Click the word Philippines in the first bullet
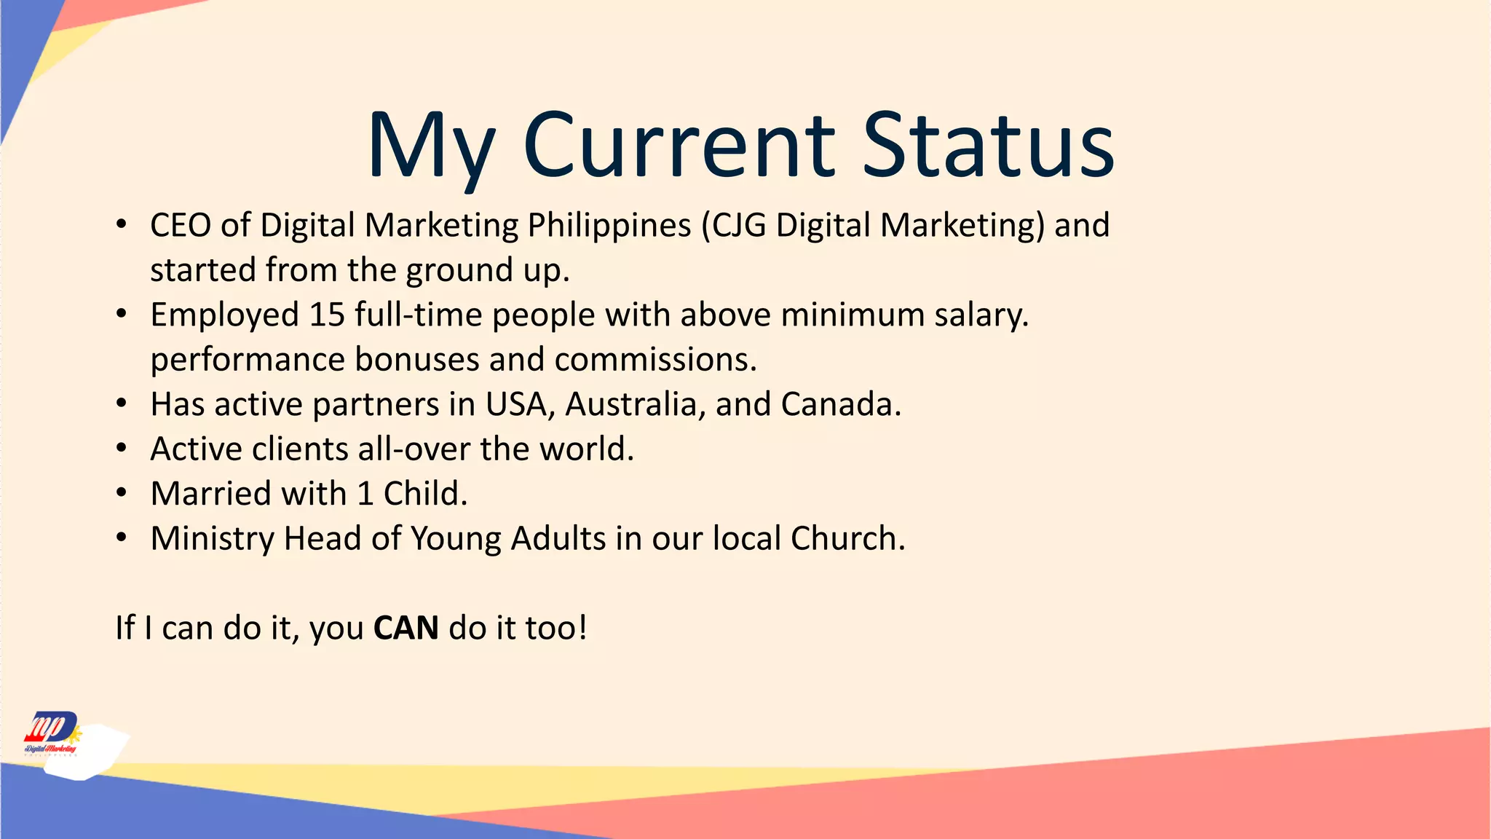pyautogui.click(x=609, y=225)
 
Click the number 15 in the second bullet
pyautogui.click(x=326, y=315)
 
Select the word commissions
pyautogui.click(x=654, y=360)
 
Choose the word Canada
pyautogui.click(x=839, y=404)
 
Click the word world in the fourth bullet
pyautogui.click(x=585, y=449)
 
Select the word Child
pyautogui.click(x=424, y=494)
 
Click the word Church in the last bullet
pyautogui.click(x=847, y=539)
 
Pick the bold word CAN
pyautogui.click(x=406, y=628)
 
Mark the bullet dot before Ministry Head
pyautogui.click(x=122, y=538)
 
